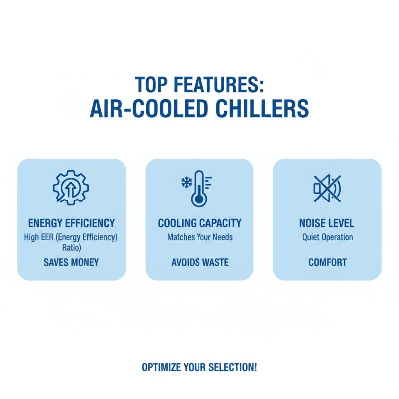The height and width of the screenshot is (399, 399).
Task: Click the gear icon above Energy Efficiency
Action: (71, 189)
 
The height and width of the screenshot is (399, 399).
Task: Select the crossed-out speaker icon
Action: (327, 189)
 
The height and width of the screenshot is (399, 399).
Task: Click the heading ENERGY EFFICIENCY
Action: (71, 223)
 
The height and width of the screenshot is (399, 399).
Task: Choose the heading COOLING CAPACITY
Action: (199, 223)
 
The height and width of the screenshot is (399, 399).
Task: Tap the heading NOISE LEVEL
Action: (327, 223)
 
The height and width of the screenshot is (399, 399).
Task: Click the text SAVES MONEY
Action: (71, 262)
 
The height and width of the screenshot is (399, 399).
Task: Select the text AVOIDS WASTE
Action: (199, 262)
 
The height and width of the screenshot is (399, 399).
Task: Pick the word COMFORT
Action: (327, 262)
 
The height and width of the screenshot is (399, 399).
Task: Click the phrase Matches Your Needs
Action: (199, 237)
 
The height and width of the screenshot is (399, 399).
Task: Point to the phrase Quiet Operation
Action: (327, 237)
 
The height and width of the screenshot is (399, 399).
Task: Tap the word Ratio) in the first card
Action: (71, 247)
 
